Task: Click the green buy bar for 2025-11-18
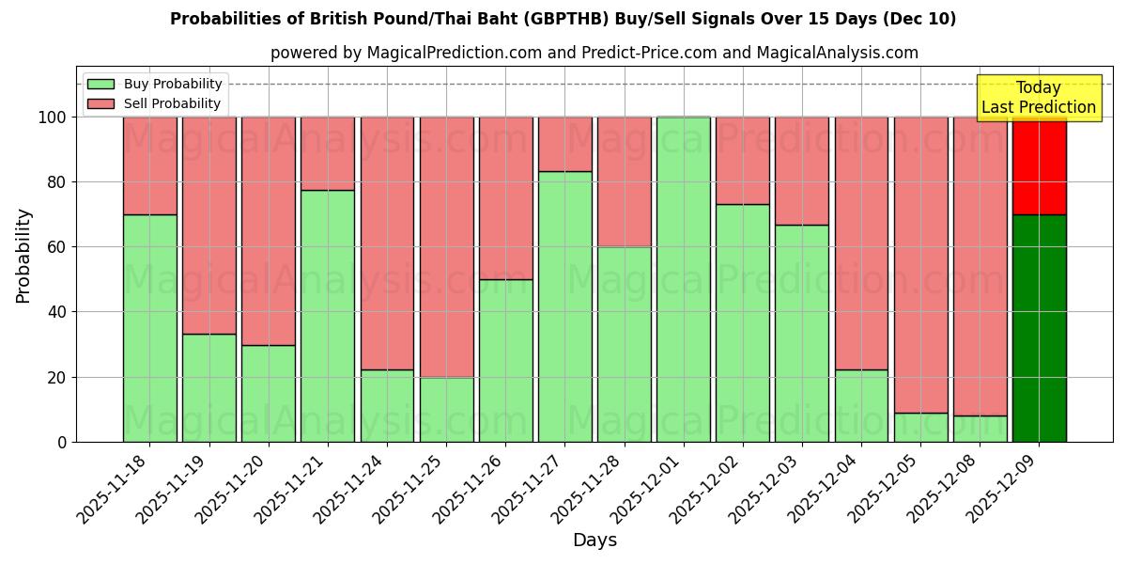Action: pos(149,328)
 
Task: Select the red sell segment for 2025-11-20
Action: pos(269,231)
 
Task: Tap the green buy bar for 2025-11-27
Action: pos(565,306)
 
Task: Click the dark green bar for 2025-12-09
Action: pos(1039,328)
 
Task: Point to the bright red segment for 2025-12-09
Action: pos(1039,165)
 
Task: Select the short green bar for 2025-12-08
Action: pos(980,429)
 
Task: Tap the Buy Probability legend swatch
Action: pos(100,84)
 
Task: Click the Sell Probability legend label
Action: pos(172,103)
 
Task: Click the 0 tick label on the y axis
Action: pos(62,442)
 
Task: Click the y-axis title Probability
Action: pos(23,256)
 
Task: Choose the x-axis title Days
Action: pos(594,540)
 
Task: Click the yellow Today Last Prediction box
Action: pos(1038,98)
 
